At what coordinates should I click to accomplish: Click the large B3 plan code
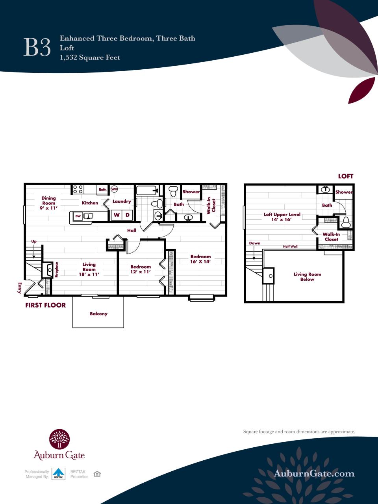pyautogui.click(x=37, y=48)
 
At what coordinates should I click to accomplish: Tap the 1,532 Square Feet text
pyautogui.click(x=90, y=57)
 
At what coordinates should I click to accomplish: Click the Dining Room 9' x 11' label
pyautogui.click(x=49, y=203)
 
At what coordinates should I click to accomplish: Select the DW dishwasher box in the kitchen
pyautogui.click(x=78, y=216)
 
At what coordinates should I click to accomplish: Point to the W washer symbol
pyautogui.click(x=117, y=215)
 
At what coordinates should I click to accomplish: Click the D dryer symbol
pyautogui.click(x=128, y=215)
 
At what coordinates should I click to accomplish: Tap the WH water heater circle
pyautogui.click(x=114, y=189)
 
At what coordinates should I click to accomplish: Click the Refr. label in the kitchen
pyautogui.click(x=103, y=189)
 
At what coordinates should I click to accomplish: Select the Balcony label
pyautogui.click(x=98, y=314)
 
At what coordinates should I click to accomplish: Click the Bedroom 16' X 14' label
pyautogui.click(x=200, y=259)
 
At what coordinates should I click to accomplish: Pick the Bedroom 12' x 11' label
pyautogui.click(x=141, y=269)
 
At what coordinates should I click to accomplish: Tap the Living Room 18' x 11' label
pyautogui.click(x=89, y=270)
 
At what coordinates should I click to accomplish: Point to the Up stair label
pyautogui.click(x=34, y=241)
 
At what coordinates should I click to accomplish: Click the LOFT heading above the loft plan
pyautogui.click(x=345, y=176)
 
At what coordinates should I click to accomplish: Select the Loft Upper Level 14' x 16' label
pyautogui.click(x=282, y=217)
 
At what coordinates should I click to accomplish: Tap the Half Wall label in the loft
pyautogui.click(x=290, y=246)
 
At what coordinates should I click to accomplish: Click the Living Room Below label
pyautogui.click(x=307, y=277)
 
